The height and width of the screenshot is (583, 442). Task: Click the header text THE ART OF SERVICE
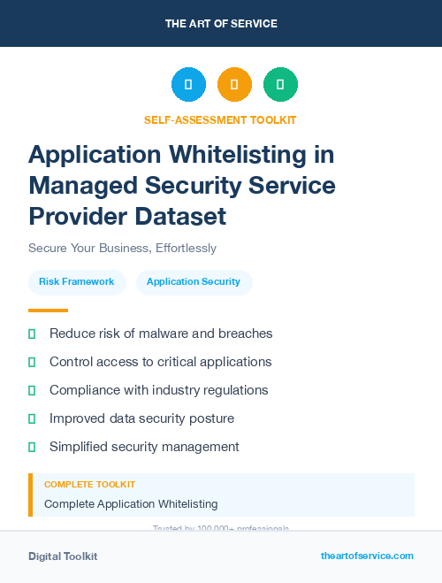point(221,24)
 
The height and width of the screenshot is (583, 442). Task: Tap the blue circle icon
point(188,84)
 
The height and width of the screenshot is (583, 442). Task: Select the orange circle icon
point(234,84)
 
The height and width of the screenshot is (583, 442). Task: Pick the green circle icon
point(280,84)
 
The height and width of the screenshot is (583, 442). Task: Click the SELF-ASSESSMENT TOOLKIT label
point(221,119)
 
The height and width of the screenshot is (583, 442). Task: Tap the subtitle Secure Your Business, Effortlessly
point(122,248)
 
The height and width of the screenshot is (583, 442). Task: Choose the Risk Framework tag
point(77,281)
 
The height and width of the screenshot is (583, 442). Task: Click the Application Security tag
point(194,281)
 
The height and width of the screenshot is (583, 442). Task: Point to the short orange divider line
point(48,311)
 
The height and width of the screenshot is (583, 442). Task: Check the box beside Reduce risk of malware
point(32,334)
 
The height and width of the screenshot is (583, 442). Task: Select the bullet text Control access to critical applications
point(160,362)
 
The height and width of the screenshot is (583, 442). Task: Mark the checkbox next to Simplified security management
point(32,447)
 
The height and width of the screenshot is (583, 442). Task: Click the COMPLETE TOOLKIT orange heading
point(89,485)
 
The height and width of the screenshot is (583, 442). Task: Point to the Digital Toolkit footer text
point(63,556)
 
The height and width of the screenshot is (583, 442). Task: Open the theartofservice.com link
point(367,556)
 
